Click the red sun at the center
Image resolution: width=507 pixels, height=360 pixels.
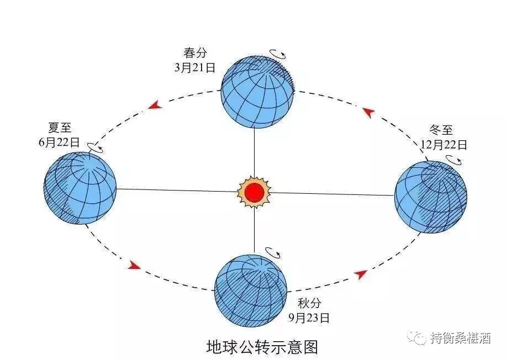254,192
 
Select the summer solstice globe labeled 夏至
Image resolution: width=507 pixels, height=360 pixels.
81,188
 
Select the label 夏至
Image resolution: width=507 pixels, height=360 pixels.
60,128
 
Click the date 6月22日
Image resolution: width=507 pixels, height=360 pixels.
59,142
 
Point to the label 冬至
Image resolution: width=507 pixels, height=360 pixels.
441,131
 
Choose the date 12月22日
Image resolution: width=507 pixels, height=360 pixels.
443,145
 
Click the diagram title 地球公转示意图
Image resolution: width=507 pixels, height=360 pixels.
262,346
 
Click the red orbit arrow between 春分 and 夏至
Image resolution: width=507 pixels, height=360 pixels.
156,104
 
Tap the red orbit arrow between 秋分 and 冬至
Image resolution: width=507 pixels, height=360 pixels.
361,274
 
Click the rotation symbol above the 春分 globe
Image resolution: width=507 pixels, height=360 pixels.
278,54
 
